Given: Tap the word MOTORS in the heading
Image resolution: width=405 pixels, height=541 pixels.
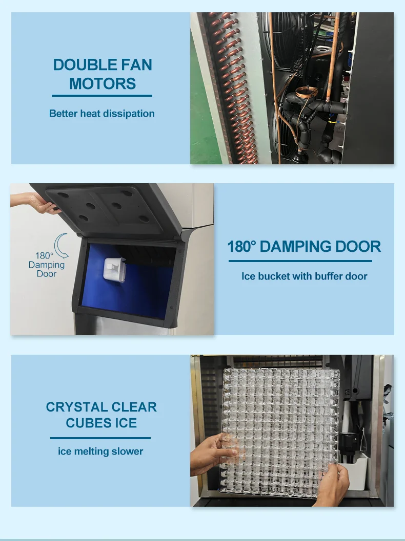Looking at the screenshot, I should (103, 83).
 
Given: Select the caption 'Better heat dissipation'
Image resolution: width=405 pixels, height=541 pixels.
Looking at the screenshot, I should (102, 114).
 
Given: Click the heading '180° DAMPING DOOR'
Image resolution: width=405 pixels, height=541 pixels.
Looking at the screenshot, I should (304, 247).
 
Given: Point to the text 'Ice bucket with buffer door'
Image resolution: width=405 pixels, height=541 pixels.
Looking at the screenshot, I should (304, 276).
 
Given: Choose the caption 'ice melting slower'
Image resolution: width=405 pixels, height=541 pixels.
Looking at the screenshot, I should (100, 451).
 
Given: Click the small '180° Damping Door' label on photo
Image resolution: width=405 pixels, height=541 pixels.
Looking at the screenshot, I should (46, 265).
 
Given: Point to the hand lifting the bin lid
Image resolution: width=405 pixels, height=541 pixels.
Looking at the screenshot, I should (41, 205).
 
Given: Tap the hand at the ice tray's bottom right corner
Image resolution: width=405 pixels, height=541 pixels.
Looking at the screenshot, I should (333, 484).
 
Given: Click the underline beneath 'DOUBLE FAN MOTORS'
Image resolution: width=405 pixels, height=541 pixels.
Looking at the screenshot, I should (102, 96).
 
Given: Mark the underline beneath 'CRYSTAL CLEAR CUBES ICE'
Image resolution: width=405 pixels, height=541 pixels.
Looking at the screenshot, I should (100, 438).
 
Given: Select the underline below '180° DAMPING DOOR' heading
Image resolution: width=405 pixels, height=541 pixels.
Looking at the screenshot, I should (300, 261).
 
